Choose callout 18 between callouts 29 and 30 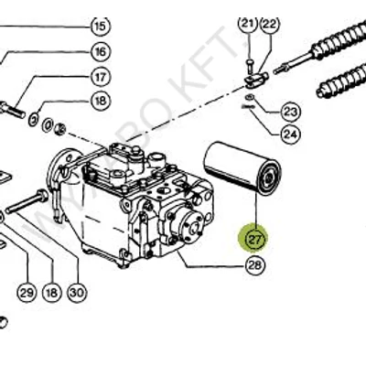click(x=50, y=293)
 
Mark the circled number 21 click(x=245, y=23)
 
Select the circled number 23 click(x=290, y=112)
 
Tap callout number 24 click(x=290, y=135)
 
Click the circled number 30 click(x=76, y=293)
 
